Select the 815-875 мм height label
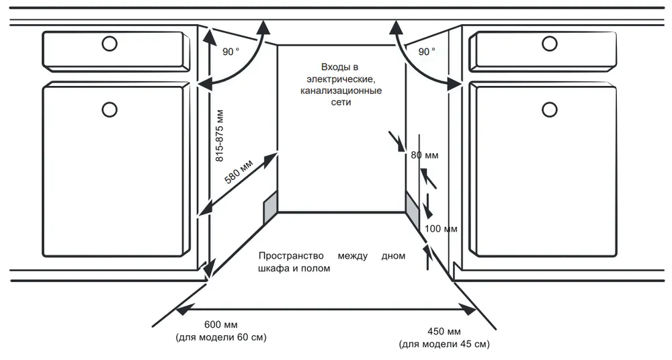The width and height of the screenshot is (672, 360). point(219,137)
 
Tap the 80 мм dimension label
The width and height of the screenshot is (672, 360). point(424,156)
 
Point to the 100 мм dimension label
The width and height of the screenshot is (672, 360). point(442,229)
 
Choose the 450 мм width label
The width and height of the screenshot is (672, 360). point(444,332)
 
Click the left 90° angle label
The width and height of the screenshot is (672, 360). point(230,51)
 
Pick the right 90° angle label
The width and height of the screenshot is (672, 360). point(427,51)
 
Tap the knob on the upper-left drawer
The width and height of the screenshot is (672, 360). point(108,44)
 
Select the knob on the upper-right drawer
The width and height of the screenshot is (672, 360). point(550,44)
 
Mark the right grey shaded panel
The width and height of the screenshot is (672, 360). point(412,206)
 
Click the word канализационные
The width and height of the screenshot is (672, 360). point(341,91)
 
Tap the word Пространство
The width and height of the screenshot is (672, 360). point(291,256)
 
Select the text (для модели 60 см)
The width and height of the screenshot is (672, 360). point(220,337)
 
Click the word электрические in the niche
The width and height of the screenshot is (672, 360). point(340,79)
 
